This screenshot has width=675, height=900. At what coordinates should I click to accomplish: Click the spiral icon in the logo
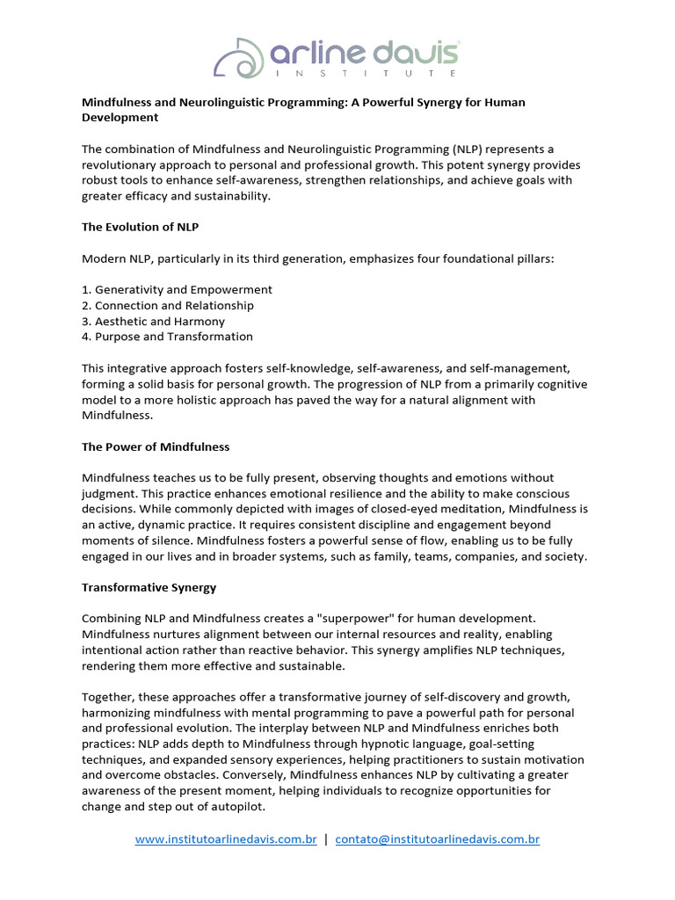[x=239, y=57]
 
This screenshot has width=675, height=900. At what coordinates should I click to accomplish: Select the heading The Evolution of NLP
[x=140, y=227]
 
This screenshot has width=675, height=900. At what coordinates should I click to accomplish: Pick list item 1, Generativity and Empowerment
[x=177, y=289]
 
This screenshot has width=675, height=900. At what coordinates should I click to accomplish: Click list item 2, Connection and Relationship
[x=168, y=305]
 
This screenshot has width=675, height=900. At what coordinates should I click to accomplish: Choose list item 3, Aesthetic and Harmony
[x=153, y=321]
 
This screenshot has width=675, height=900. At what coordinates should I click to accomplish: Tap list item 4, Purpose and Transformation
[x=167, y=337]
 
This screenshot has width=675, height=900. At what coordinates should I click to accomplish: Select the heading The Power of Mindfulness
[x=156, y=446]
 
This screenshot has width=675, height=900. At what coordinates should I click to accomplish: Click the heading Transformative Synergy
[x=149, y=587]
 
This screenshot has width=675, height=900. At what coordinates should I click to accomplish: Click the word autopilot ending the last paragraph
[x=235, y=806]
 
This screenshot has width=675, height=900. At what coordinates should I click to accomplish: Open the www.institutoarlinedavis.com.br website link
[x=226, y=839]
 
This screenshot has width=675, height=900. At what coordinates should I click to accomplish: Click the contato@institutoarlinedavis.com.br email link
[x=437, y=839]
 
